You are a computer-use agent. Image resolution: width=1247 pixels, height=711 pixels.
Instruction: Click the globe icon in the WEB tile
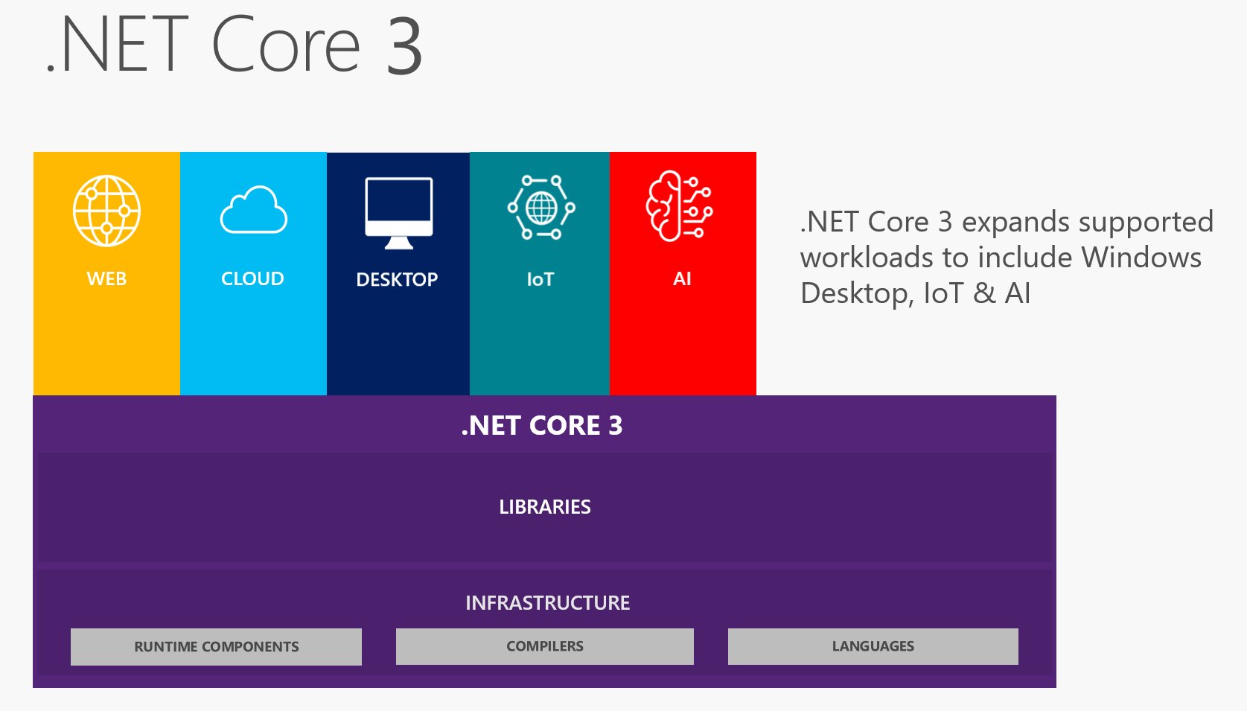[x=106, y=211]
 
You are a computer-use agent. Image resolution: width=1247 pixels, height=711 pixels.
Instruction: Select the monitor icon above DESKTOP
[x=398, y=211]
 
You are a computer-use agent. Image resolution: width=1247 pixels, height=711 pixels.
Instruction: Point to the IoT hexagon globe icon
[x=541, y=208]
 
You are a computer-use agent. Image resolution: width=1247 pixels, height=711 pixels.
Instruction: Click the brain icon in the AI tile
[x=679, y=206]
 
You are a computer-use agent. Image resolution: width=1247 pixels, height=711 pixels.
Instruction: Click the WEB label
[x=106, y=279]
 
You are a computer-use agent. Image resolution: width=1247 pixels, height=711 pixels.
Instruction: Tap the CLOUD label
[x=252, y=278]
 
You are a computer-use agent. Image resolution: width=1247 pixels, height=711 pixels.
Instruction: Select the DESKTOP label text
[x=397, y=279]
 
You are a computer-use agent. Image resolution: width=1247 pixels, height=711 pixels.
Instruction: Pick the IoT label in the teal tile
[x=540, y=279]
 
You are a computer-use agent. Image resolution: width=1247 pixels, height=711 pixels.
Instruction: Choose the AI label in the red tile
[x=682, y=278]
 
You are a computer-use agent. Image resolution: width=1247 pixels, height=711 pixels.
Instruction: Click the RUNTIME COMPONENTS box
[x=216, y=646]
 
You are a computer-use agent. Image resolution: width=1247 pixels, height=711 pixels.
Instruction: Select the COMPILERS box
[x=545, y=646]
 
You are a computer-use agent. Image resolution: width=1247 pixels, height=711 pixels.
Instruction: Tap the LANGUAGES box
[x=873, y=646]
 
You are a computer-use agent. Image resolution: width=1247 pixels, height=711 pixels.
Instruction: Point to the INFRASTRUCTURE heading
[x=547, y=602]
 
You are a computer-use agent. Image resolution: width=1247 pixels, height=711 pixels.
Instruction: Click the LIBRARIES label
[x=545, y=507]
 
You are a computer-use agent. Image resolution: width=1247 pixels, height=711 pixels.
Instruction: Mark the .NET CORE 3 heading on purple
[x=542, y=425]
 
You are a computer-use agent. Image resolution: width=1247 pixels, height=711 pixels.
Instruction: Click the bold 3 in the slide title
[x=404, y=46]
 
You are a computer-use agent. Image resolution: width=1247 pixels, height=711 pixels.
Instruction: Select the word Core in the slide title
[x=286, y=45]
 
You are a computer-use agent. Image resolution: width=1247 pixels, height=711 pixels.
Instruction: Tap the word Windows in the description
[x=1141, y=258]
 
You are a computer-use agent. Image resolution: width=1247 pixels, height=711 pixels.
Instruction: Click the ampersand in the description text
[x=984, y=293]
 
